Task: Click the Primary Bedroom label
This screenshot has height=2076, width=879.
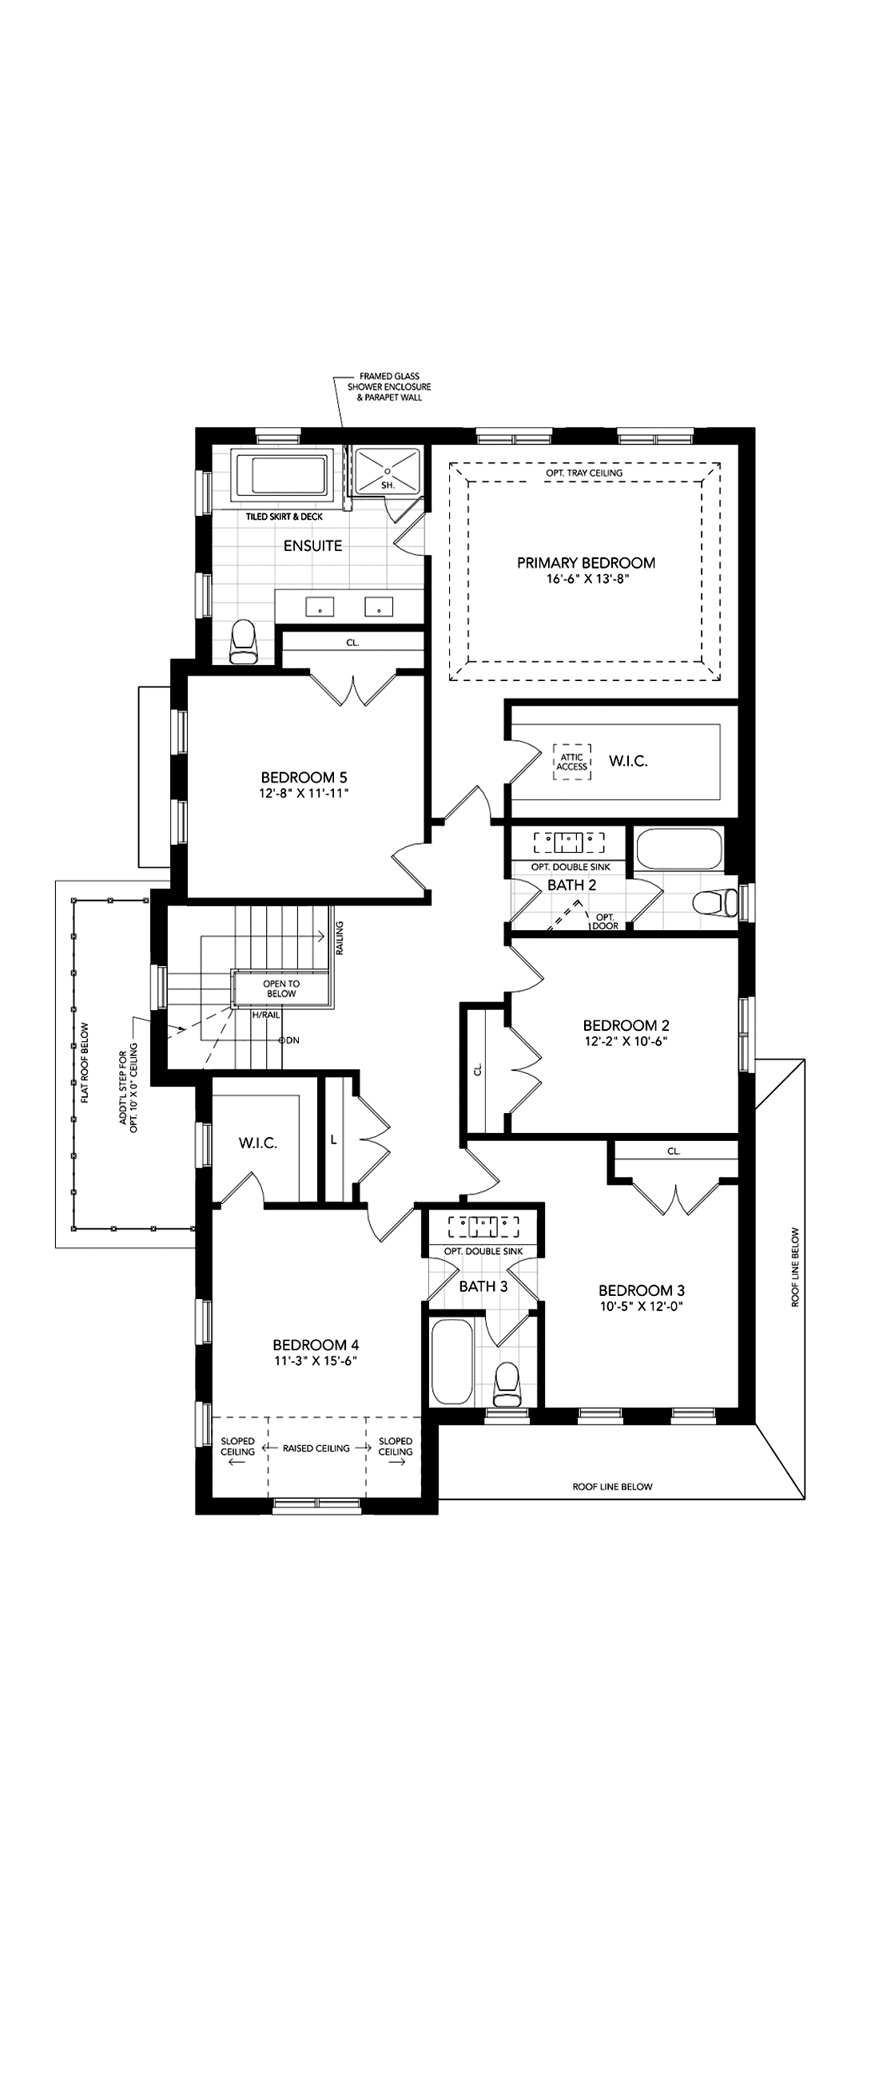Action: (586, 563)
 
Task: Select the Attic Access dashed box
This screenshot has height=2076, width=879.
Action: (573, 762)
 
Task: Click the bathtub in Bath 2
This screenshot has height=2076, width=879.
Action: (679, 849)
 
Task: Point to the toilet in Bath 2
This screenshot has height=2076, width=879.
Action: (716, 901)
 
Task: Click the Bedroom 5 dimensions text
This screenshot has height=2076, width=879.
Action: (304, 793)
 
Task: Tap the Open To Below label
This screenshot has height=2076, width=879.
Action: (281, 988)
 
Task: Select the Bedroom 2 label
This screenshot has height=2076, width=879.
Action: (626, 1025)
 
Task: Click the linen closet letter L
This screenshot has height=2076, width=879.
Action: (333, 1139)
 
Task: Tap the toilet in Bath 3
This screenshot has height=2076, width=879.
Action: (507, 1383)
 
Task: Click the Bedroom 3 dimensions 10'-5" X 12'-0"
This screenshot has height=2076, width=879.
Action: (641, 1306)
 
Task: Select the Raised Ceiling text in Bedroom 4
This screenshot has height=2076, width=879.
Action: (316, 1448)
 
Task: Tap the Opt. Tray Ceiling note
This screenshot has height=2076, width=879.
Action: (584, 473)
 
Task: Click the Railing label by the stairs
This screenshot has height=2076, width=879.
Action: (340, 938)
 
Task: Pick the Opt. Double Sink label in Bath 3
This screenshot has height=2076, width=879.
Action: (483, 1251)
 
